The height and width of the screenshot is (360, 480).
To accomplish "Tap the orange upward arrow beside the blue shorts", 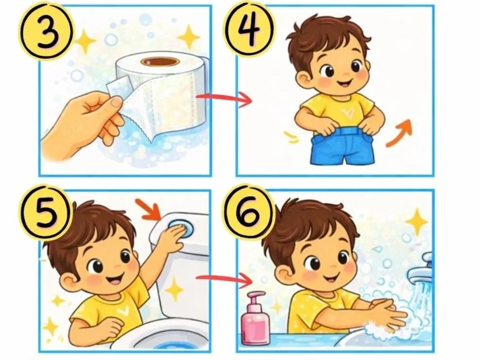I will [400, 133].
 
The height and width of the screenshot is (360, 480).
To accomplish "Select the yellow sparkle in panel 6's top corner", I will [416, 222].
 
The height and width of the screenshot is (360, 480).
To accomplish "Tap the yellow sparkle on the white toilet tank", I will [174, 290].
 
